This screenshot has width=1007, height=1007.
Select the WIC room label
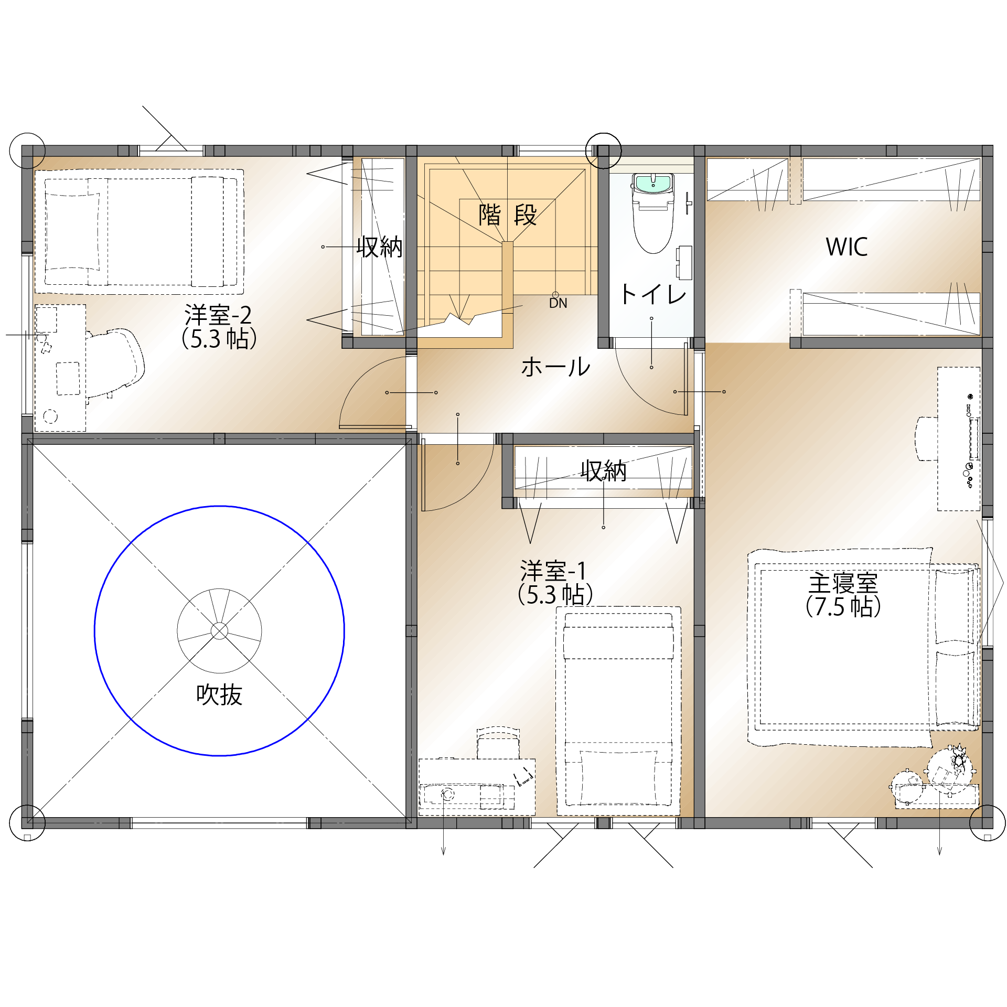pos(847,247)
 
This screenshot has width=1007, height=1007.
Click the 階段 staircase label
pos(508,215)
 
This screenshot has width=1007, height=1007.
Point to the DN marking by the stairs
pos(558,303)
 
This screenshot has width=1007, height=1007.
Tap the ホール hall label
pos(556,367)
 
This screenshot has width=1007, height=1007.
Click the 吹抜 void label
pos(219,694)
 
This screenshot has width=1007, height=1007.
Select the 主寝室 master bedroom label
pos(843,583)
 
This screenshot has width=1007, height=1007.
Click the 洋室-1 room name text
pos(553,571)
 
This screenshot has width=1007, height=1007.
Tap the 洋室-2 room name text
pos(218,315)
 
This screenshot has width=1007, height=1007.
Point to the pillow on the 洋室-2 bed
pos(72,232)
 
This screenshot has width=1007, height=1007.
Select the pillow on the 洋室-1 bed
pos(618,778)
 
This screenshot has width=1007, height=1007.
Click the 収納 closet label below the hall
pos(604,470)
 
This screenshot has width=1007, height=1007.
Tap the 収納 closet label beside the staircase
pos(380,247)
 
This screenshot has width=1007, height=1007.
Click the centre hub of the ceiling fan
pos(219,631)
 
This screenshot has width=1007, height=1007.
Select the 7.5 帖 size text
pos(843,606)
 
